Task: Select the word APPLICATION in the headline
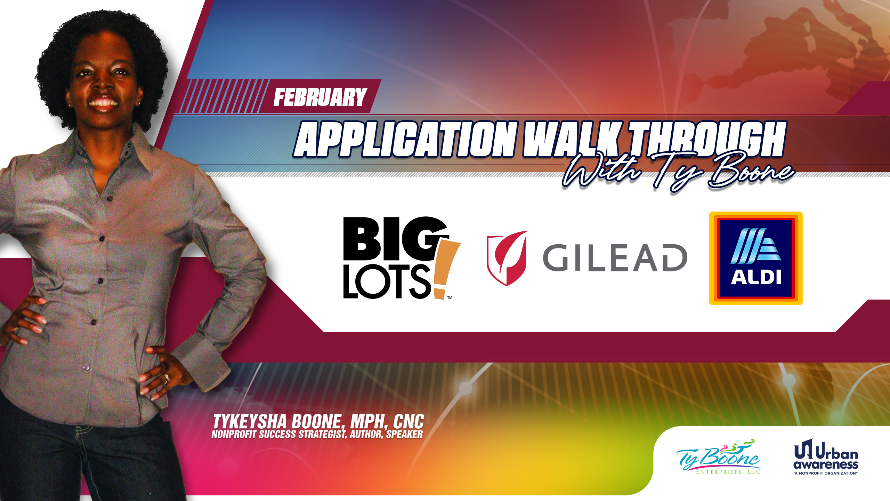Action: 405,139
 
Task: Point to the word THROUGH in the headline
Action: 706,139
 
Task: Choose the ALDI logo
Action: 756,258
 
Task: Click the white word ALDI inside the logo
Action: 756,277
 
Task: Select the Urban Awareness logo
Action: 826,456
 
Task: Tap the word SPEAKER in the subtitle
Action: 404,434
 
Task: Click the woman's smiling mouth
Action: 103,103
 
